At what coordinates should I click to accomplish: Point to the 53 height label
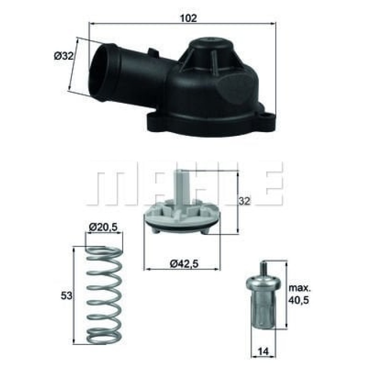point(68,296)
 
